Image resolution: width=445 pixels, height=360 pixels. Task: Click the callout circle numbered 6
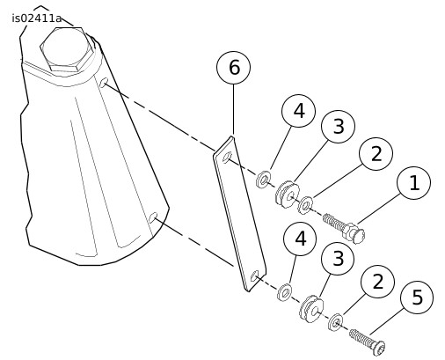point(233,68)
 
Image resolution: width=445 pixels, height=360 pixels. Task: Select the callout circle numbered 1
point(413,183)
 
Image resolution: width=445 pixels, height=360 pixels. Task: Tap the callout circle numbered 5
point(417,297)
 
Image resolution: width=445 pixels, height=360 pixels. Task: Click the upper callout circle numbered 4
point(298,111)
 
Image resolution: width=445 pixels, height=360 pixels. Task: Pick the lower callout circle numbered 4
point(300,239)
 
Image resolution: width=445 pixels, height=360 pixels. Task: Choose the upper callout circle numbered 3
point(338,127)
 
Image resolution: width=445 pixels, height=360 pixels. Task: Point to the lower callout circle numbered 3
point(338,259)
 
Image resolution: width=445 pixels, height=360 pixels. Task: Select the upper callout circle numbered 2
point(376,154)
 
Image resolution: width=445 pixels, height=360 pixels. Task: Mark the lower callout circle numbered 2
point(377,282)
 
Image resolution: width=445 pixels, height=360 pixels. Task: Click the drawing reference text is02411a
point(37,18)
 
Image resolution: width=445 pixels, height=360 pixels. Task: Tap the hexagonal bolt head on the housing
point(68,49)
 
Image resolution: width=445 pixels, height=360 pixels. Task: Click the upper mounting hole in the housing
point(104,83)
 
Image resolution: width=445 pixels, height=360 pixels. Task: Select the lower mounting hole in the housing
point(153,217)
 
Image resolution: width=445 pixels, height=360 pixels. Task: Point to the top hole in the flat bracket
point(227,157)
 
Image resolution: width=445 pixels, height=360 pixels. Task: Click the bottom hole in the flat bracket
point(255,276)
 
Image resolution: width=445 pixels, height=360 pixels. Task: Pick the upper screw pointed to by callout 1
point(344,227)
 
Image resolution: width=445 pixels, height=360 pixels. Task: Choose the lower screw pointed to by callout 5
point(367,342)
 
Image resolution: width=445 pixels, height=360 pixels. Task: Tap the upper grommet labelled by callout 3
point(288,194)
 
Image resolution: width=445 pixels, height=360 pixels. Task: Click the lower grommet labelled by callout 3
point(311,309)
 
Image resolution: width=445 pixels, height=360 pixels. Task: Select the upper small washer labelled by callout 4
point(263,180)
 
